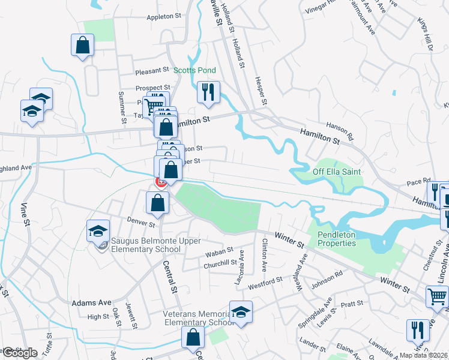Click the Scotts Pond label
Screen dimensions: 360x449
tap(194, 70)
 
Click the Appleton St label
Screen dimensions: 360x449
tap(164, 17)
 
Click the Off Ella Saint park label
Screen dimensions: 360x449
tap(336, 172)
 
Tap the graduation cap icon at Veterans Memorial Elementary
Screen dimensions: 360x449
tap(240, 311)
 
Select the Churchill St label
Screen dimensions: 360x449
tap(221, 262)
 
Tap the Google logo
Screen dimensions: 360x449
tap(19, 353)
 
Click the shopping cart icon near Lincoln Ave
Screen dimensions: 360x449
tap(436, 295)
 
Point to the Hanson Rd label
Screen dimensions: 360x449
tap(340, 127)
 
